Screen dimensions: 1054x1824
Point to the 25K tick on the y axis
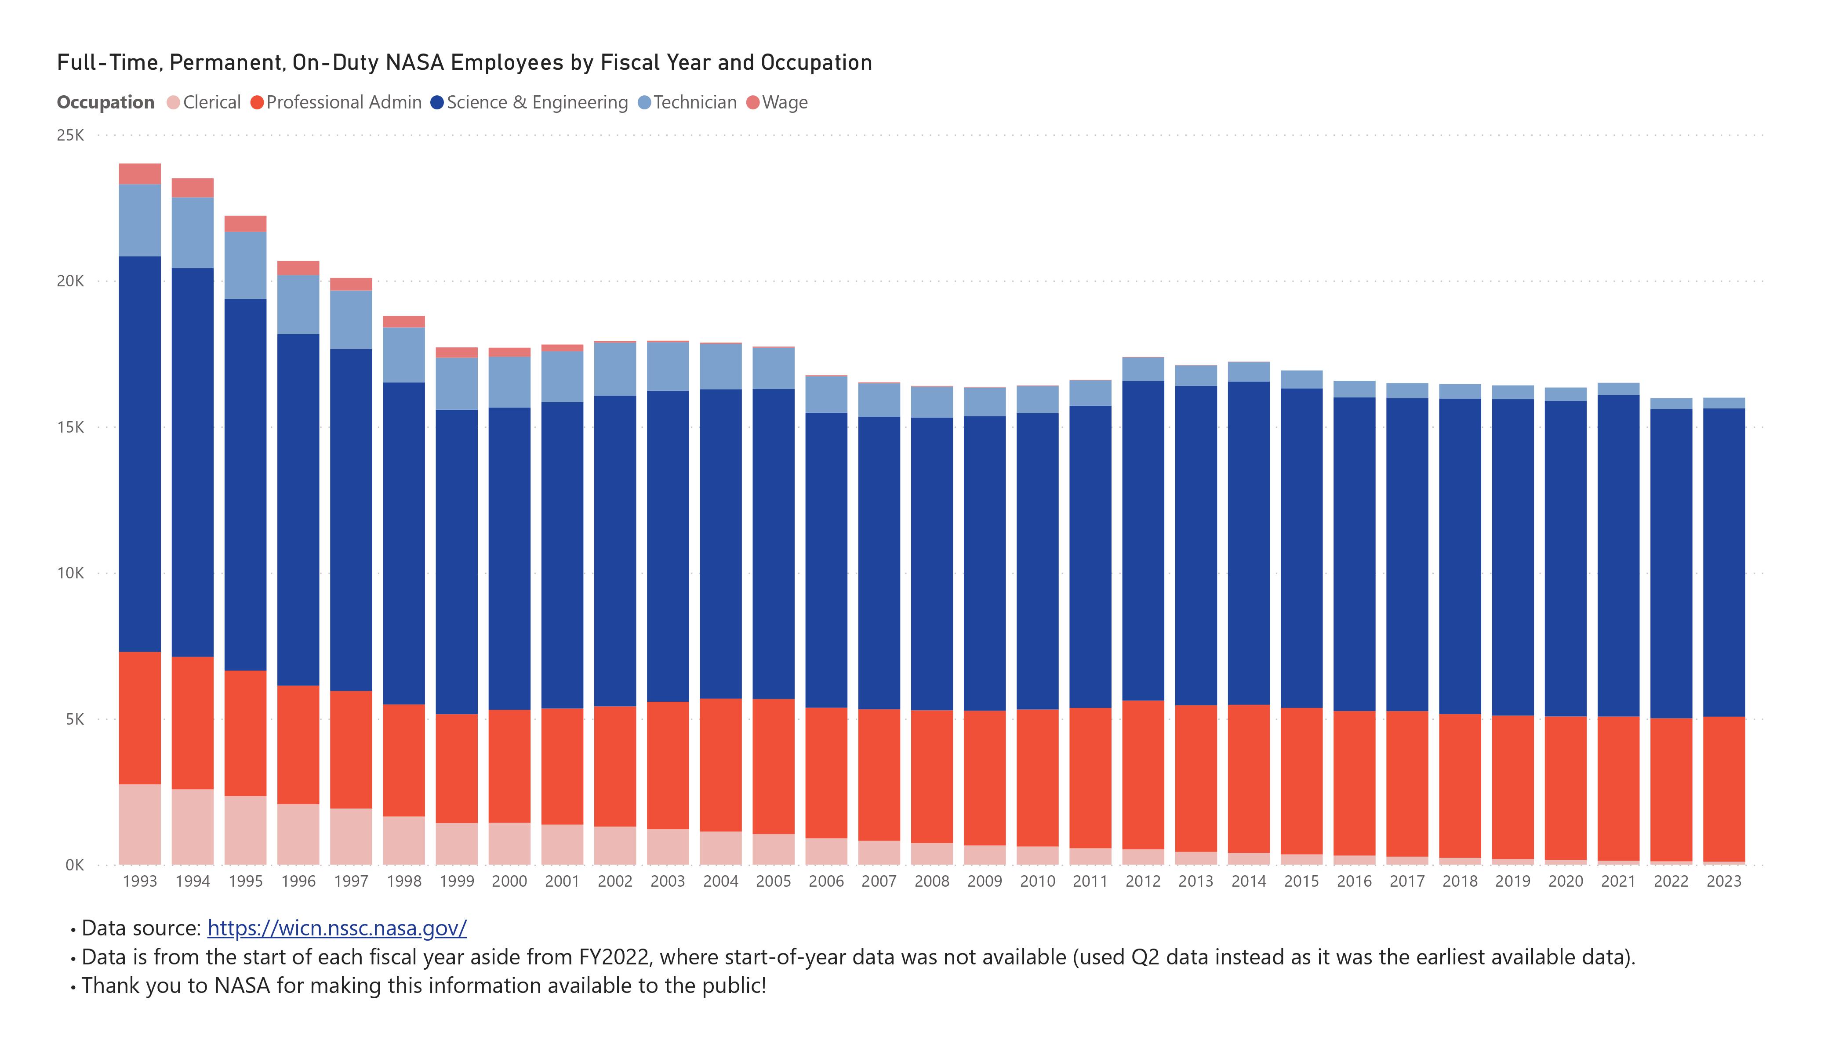pyautogui.click(x=70, y=135)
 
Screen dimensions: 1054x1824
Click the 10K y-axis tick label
pyautogui.click(x=70, y=574)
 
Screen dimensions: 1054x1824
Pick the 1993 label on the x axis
pyautogui.click(x=140, y=881)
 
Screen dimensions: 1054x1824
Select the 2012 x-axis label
pyautogui.click(x=1143, y=881)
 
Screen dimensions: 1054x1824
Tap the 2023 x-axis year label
pyautogui.click(x=1723, y=881)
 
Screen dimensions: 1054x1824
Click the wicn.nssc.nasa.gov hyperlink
pyautogui.click(x=337, y=928)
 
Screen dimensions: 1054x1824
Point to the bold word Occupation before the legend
pyautogui.click(x=105, y=103)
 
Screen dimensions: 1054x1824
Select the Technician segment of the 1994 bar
pyautogui.click(x=193, y=233)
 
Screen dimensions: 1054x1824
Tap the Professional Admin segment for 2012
pyautogui.click(x=1143, y=775)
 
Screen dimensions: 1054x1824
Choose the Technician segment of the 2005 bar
pyautogui.click(x=773, y=369)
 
